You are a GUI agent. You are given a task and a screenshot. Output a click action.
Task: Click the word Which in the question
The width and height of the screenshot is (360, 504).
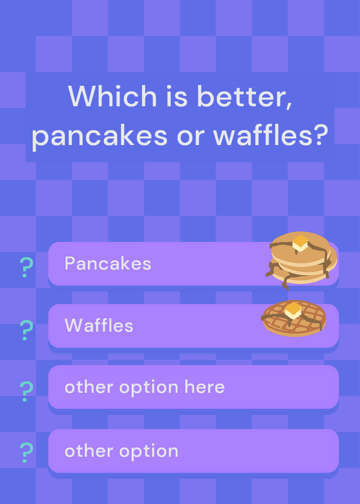pyautogui.click(x=112, y=96)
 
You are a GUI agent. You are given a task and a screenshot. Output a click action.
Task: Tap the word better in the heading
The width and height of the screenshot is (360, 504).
pyautogui.click(x=241, y=96)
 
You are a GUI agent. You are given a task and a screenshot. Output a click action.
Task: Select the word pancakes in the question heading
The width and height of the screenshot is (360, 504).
pyautogui.click(x=99, y=135)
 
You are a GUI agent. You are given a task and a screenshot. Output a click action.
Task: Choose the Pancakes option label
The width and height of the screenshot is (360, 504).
pyautogui.click(x=108, y=263)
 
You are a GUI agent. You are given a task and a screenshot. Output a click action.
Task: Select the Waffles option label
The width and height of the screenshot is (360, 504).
pyautogui.click(x=99, y=325)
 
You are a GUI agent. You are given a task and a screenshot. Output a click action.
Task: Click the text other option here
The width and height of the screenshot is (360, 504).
pyautogui.click(x=144, y=387)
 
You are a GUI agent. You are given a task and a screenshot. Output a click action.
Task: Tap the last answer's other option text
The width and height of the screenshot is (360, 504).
pyautogui.click(x=121, y=451)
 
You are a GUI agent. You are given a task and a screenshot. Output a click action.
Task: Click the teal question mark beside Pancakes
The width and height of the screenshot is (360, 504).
pyautogui.click(x=26, y=267)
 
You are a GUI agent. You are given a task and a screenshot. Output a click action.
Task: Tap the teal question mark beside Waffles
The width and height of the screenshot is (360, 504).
pyautogui.click(x=26, y=330)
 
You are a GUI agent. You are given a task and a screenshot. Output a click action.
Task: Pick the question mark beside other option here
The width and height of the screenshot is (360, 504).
pyautogui.click(x=26, y=391)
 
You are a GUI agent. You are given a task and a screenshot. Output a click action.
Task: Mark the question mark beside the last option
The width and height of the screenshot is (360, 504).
pyautogui.click(x=26, y=452)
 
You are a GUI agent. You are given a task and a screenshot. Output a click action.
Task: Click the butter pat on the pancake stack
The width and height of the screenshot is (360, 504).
pyautogui.click(x=300, y=243)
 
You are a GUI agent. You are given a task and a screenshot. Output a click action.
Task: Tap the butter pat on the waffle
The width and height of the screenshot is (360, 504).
pyautogui.click(x=293, y=310)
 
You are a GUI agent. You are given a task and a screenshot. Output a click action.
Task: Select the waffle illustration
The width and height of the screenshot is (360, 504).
pyautogui.click(x=294, y=318)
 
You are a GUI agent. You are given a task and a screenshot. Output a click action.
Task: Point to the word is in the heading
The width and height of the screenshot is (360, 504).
pyautogui.click(x=177, y=96)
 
